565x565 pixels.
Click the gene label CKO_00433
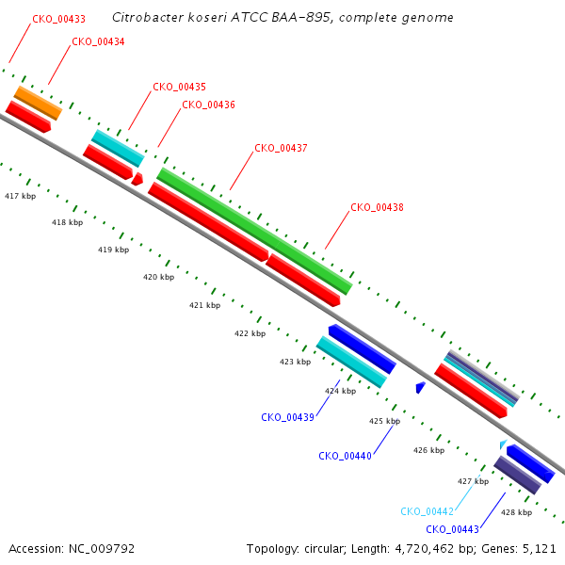click(58, 19)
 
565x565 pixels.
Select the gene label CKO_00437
click(281, 148)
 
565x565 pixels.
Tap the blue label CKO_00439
click(287, 417)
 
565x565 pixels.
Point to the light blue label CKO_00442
click(427, 511)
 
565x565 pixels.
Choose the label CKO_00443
click(452, 529)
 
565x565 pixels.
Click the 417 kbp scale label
click(20, 196)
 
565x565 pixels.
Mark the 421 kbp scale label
click(204, 305)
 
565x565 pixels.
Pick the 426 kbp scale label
click(428, 450)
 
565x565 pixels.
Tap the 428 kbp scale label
click(516, 512)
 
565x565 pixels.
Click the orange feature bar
click(38, 103)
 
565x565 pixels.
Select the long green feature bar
click(254, 231)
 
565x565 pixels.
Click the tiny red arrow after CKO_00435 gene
click(137, 179)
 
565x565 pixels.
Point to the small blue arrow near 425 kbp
click(420, 387)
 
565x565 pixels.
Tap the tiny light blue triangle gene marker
click(503, 444)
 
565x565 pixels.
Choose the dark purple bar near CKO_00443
click(517, 475)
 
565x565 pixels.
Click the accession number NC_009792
click(102, 549)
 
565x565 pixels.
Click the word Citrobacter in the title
click(148, 17)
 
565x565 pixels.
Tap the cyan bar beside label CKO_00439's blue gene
click(351, 362)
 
